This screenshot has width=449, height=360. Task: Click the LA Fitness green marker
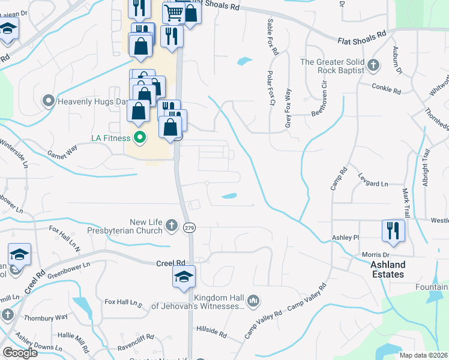coord(140,138)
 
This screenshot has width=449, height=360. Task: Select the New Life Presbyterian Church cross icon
coord(172,226)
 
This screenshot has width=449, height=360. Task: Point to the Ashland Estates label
coord(387,269)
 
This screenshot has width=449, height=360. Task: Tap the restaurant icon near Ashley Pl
coord(393,231)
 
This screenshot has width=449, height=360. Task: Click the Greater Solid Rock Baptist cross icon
coord(373,65)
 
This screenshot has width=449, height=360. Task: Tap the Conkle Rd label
coord(386,90)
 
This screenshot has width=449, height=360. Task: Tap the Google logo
coord(20,353)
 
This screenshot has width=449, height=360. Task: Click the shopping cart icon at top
coord(174,12)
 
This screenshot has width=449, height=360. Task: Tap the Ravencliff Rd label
coord(138,346)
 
